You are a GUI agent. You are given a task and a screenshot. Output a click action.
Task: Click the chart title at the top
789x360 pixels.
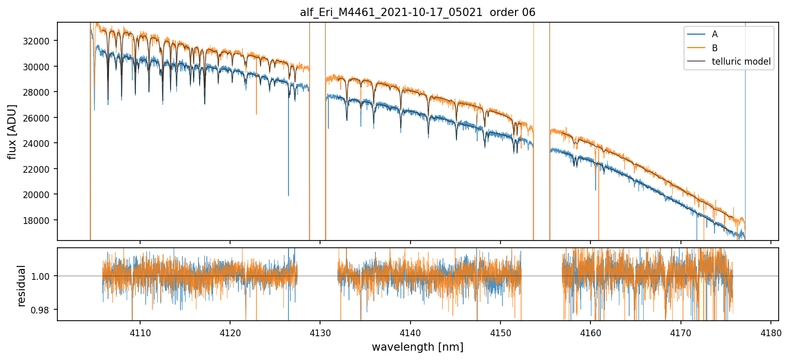tap(417, 12)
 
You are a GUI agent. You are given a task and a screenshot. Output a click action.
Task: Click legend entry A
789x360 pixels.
tap(715, 34)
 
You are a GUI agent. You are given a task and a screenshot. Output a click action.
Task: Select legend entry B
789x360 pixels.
tap(715, 48)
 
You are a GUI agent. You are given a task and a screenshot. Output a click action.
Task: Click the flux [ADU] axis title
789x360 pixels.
tap(11, 131)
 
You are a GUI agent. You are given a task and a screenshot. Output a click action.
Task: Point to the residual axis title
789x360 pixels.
tap(22, 286)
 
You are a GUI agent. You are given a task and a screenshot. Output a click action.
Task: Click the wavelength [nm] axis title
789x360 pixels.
tap(417, 347)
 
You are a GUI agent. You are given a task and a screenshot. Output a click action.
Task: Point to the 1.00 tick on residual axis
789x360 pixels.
tap(42, 276)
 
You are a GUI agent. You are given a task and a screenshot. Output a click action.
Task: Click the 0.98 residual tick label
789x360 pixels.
tap(42, 310)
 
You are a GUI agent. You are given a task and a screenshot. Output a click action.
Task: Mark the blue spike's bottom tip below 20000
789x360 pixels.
tap(289, 196)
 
